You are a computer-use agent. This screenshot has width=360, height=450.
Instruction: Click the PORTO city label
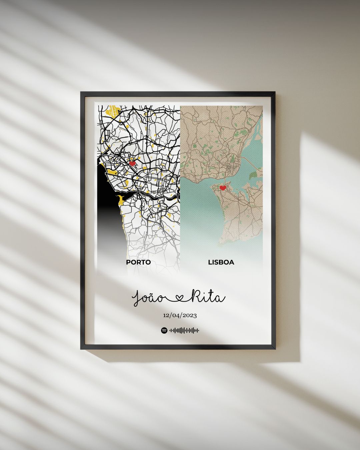[138, 262]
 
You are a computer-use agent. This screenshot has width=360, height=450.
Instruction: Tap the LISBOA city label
[221, 262]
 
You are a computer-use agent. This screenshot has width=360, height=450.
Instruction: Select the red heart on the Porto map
[132, 163]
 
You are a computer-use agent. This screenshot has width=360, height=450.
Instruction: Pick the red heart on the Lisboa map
[223, 188]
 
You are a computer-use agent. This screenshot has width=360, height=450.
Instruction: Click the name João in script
[148, 298]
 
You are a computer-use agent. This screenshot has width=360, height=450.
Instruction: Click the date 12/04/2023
[180, 315]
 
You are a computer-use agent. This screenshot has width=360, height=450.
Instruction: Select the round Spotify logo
[164, 330]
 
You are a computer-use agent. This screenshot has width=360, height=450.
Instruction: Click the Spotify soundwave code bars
[184, 330]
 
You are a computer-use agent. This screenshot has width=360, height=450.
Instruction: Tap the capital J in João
[137, 298]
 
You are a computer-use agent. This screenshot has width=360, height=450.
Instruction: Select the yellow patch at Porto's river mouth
[120, 200]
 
